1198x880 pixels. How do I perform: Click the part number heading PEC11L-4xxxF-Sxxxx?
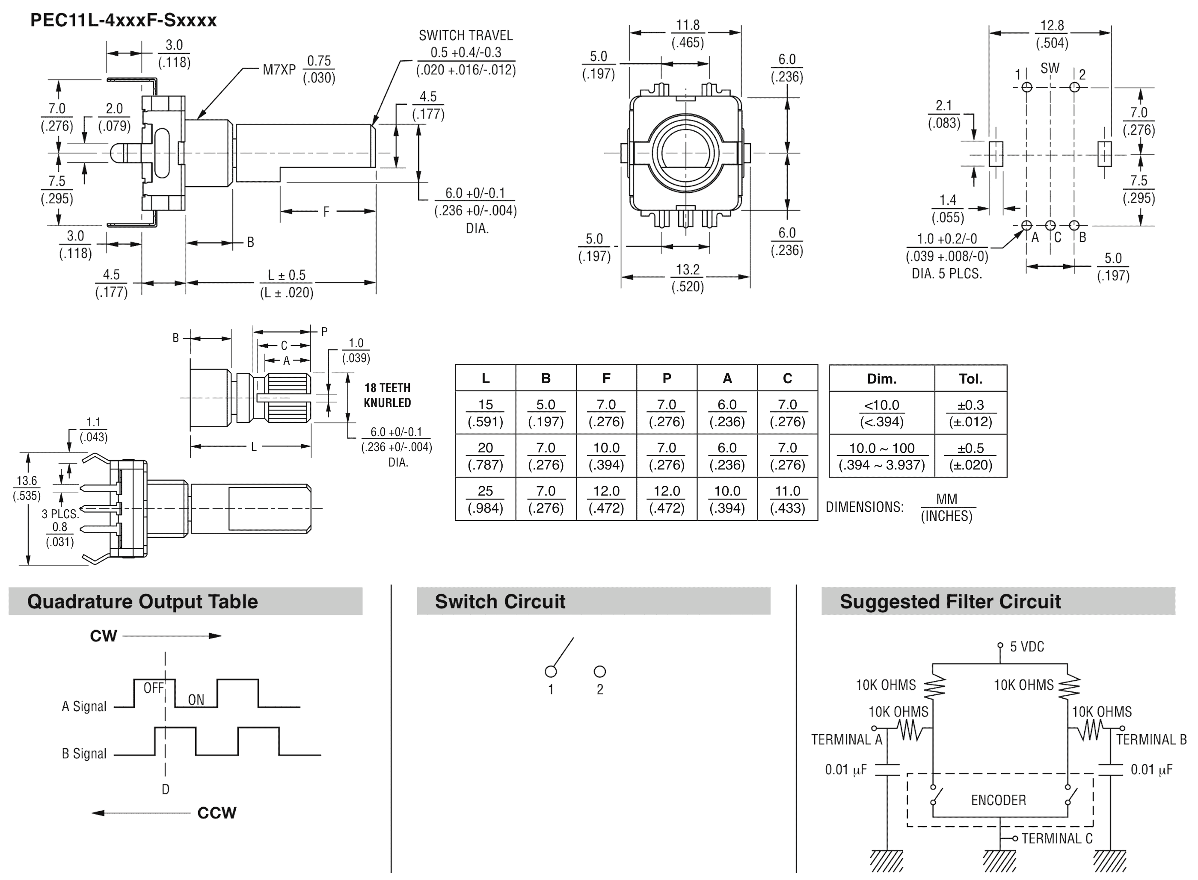(123, 20)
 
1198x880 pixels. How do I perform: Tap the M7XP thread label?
(279, 70)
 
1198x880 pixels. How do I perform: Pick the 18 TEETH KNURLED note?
(388, 395)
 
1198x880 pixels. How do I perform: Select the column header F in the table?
(606, 378)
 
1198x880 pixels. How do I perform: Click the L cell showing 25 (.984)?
(485, 499)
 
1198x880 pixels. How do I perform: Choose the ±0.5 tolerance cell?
(970, 456)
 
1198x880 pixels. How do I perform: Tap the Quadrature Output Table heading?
(142, 601)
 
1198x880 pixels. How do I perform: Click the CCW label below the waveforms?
(216, 813)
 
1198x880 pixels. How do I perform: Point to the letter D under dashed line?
(165, 789)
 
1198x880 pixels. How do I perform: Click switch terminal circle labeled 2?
(599, 672)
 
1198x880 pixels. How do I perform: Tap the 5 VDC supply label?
(1026, 647)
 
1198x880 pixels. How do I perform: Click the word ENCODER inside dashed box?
(998, 800)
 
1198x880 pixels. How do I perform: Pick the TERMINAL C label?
(1056, 839)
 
